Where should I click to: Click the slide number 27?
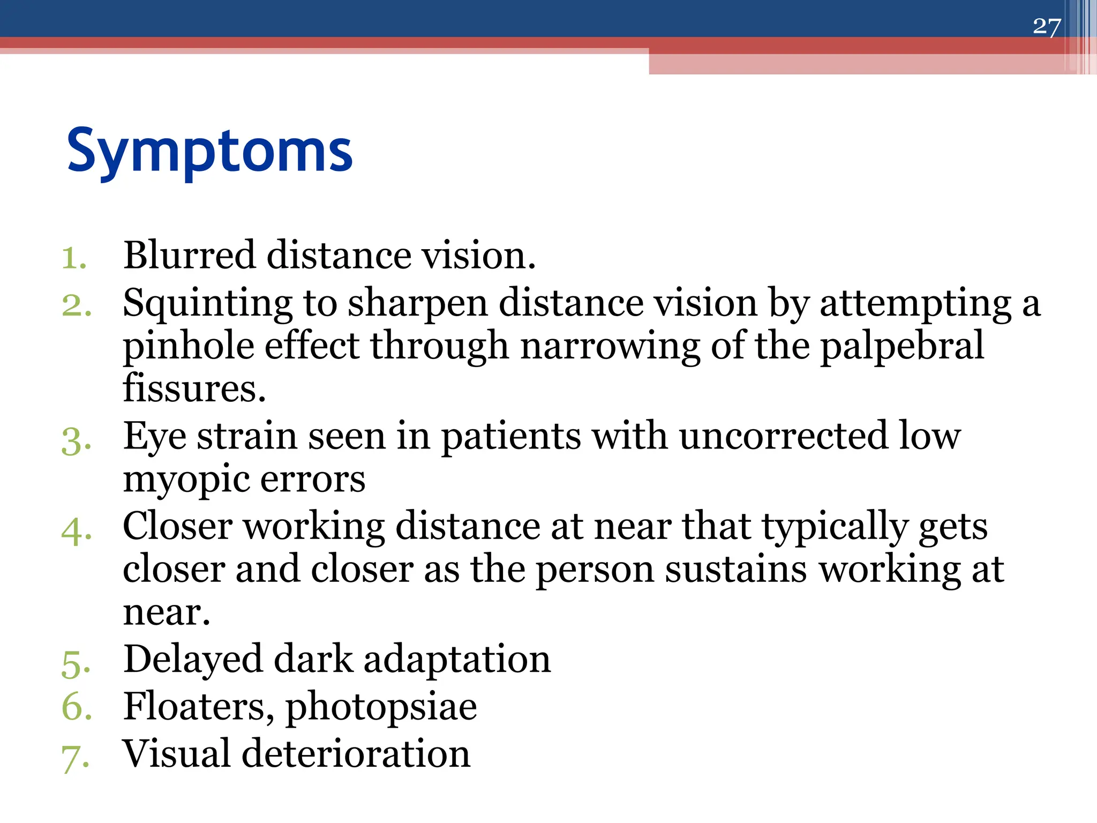click(1046, 26)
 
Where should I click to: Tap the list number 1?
click(73, 258)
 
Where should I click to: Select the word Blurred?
click(189, 255)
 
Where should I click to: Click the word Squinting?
click(207, 304)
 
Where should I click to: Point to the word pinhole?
click(187, 347)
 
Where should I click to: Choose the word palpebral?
click(902, 347)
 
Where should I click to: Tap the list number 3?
click(76, 442)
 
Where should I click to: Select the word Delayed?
click(193, 660)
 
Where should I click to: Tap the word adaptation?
click(457, 660)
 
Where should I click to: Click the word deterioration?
click(356, 754)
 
